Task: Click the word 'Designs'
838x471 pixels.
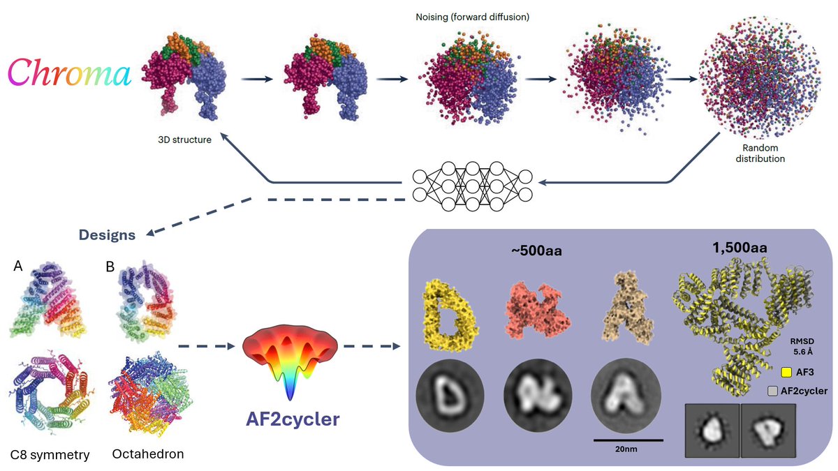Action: [x=107, y=235]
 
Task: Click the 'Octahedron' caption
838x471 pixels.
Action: [x=147, y=454]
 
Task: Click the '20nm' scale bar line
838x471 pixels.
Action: [x=628, y=440]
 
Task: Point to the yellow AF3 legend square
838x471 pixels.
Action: [x=776, y=373]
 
